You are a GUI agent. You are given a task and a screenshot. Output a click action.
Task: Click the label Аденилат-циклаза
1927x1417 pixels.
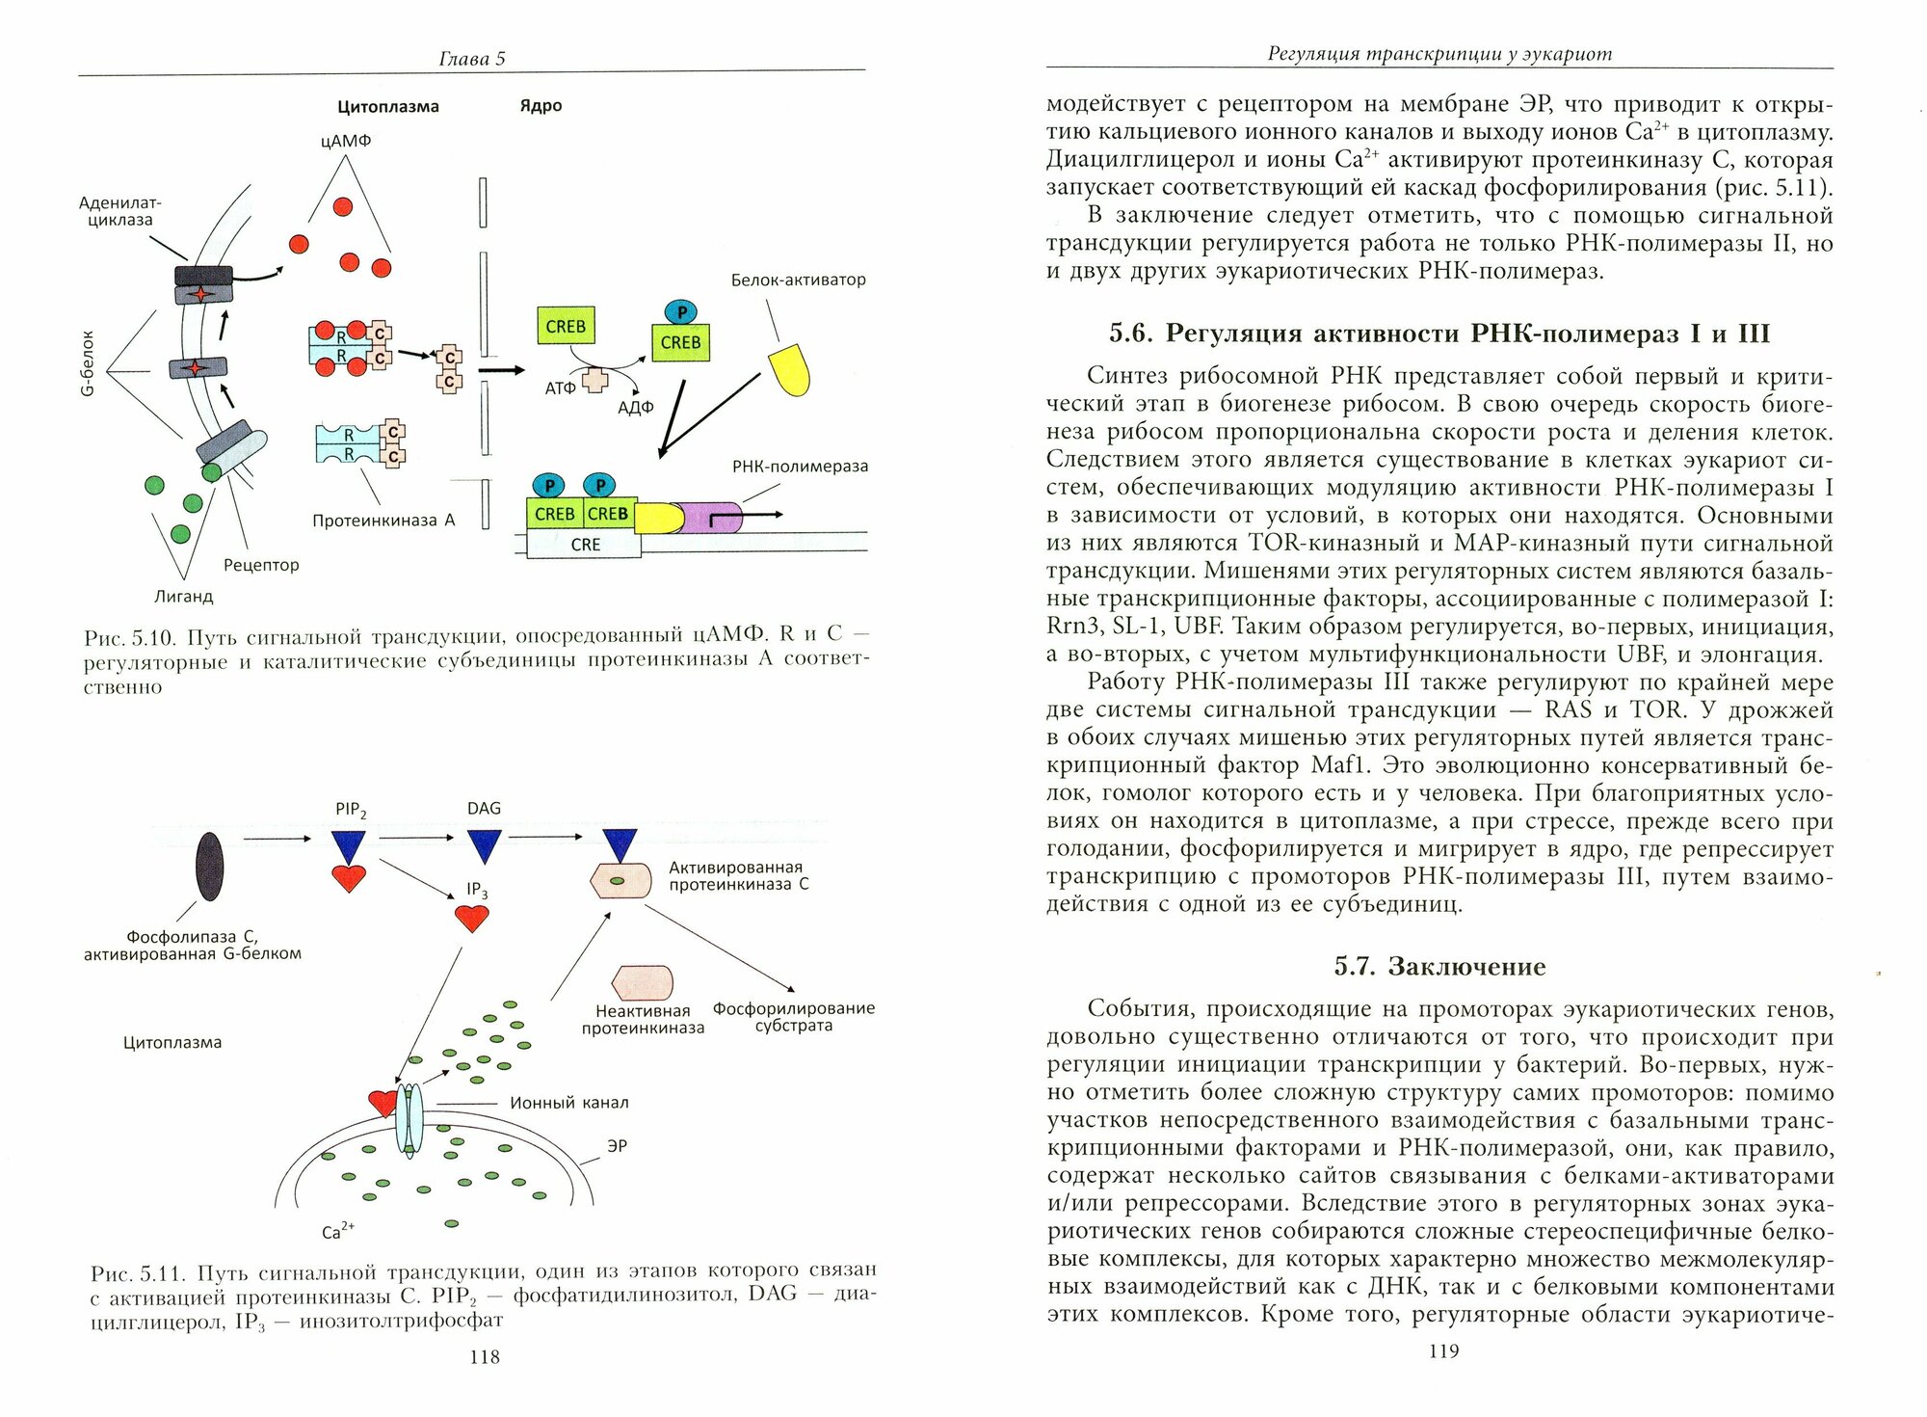pyautogui.click(x=119, y=211)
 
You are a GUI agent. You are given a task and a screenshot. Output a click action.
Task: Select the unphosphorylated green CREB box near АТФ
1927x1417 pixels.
pyautogui.click(x=566, y=327)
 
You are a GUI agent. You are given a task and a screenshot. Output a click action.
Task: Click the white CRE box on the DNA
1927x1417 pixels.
pyautogui.click(x=585, y=545)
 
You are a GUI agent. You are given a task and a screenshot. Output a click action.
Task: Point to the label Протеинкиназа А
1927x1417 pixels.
pyautogui.click(x=383, y=521)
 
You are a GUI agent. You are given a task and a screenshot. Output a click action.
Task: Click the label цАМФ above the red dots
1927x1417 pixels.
pyautogui.click(x=346, y=141)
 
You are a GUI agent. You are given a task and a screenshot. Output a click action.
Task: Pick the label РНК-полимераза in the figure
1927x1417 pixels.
pyautogui.click(x=800, y=467)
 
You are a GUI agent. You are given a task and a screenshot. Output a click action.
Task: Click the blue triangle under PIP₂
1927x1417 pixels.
pyautogui.click(x=349, y=845)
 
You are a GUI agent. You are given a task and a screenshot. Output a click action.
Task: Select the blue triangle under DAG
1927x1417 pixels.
pyautogui.click(x=484, y=845)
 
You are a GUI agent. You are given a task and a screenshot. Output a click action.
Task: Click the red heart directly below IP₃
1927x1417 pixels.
pyautogui.click(x=472, y=918)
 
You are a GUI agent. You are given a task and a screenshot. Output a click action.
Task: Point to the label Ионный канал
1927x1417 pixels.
pyautogui.click(x=568, y=1103)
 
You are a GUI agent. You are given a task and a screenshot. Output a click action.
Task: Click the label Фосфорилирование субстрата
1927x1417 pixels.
pyautogui.click(x=794, y=1017)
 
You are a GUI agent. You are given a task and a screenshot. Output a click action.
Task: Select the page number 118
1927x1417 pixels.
pyautogui.click(x=484, y=1357)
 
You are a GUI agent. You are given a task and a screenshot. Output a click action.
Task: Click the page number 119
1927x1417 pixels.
pyautogui.click(x=1443, y=1351)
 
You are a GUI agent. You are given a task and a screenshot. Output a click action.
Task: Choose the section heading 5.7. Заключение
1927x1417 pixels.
pyautogui.click(x=1439, y=967)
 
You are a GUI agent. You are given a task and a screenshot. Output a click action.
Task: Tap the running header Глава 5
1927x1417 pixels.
pyautogui.click(x=471, y=59)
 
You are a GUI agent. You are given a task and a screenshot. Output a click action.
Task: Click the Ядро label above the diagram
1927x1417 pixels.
pyautogui.click(x=541, y=106)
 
